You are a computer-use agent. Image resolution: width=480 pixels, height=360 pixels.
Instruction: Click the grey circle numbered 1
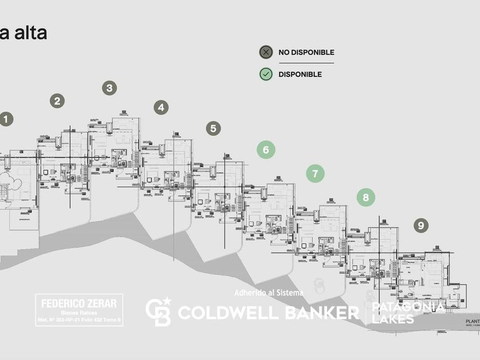[x=6, y=119]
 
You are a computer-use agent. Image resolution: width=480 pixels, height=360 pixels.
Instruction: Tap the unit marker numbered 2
[x=57, y=101]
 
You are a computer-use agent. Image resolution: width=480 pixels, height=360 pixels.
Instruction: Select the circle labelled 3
[x=110, y=88]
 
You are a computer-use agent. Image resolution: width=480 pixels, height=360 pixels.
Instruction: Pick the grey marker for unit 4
[x=161, y=107]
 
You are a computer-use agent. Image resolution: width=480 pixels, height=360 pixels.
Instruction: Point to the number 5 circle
[x=214, y=128]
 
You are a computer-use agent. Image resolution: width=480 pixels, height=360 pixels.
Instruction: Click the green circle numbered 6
[x=266, y=150]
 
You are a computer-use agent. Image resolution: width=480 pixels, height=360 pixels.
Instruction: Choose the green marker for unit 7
[x=315, y=173]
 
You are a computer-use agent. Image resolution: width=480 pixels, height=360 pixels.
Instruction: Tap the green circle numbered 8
[x=366, y=197]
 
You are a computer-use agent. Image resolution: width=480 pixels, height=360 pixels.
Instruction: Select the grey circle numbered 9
[x=421, y=225]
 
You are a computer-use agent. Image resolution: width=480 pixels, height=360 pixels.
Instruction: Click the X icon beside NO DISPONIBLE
[x=266, y=52]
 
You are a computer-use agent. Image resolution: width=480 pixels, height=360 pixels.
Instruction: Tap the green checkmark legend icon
[x=266, y=74]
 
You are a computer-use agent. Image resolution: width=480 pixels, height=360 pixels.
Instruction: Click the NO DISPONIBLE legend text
[x=306, y=53]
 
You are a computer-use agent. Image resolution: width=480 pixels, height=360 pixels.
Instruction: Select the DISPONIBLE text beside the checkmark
[x=300, y=74]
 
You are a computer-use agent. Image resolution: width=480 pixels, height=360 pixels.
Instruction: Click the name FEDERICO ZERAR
[x=79, y=303]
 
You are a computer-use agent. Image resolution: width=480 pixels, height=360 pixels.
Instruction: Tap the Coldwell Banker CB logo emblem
[x=158, y=311]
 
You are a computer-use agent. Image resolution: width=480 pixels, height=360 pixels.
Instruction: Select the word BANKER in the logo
[x=316, y=313]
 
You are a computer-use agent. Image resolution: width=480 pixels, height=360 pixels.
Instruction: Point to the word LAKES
[x=393, y=319]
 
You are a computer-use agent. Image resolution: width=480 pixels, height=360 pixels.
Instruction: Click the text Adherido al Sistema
[x=269, y=293]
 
